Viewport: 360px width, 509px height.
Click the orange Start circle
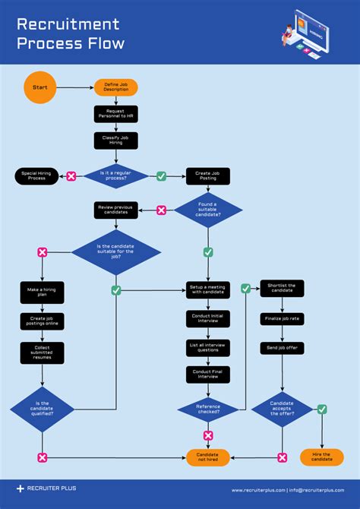click(39, 87)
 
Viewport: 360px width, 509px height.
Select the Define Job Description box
click(116, 87)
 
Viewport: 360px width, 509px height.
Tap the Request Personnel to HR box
click(116, 114)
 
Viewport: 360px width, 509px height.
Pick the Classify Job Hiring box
click(116, 141)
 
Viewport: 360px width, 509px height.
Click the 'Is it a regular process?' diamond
click(116, 175)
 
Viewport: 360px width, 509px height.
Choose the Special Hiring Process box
click(38, 175)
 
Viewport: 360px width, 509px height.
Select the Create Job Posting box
click(208, 175)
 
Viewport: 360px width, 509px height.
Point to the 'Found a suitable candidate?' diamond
click(208, 210)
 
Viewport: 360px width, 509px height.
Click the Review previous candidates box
click(116, 210)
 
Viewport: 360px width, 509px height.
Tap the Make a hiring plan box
click(43, 292)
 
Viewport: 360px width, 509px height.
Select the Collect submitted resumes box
click(43, 352)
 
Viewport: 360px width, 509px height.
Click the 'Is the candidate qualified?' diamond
click(43, 409)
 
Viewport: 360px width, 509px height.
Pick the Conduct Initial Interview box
click(208, 319)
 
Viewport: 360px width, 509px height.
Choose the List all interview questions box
click(208, 348)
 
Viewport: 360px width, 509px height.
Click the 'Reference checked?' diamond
click(208, 409)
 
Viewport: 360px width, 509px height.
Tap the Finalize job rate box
click(283, 319)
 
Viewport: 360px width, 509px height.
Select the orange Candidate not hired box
click(208, 457)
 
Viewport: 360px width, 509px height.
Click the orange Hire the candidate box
click(322, 457)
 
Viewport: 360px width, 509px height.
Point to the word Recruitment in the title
click(68, 25)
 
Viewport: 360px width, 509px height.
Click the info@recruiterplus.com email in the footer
click(322, 490)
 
